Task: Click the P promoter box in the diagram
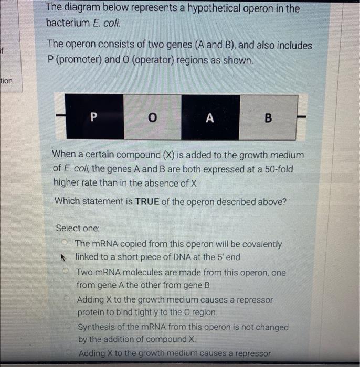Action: coord(93,116)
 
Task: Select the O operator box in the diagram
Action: coord(152,116)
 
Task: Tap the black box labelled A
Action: coord(210,116)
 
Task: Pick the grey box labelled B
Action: coord(268,117)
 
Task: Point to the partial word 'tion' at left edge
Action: coord(7,81)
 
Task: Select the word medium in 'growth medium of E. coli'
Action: coord(287,155)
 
